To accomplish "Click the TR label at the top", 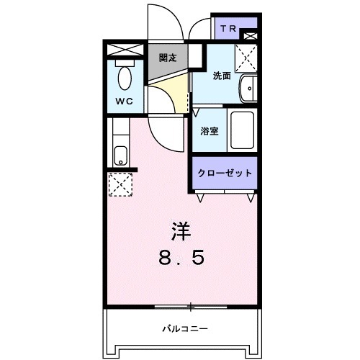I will click(228, 29).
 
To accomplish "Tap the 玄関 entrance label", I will click(168, 58).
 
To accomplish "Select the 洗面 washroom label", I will click(221, 76).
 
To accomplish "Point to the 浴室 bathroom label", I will click(210, 132).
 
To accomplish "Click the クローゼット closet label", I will click(225, 174).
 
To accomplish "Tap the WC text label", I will click(124, 102).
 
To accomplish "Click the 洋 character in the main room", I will click(181, 231).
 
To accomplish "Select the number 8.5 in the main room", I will click(181, 257).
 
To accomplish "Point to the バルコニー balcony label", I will click(185, 328).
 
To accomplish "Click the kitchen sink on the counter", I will click(120, 154).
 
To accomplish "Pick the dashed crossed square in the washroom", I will click(246, 56).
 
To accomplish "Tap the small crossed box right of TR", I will click(250, 35).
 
